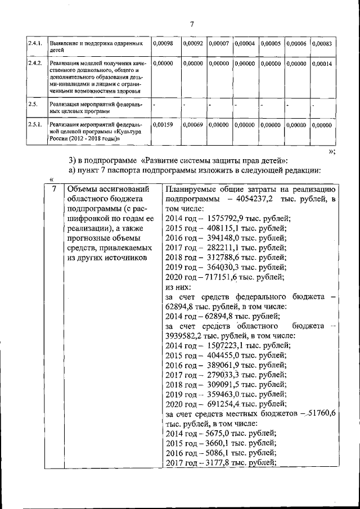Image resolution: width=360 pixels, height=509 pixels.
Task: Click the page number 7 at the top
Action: (x=191, y=24)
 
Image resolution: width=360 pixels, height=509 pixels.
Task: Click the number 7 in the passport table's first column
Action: (x=55, y=190)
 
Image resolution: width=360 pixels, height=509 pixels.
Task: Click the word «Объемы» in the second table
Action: (x=83, y=190)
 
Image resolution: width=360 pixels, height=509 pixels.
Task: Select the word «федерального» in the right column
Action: (x=261, y=296)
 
